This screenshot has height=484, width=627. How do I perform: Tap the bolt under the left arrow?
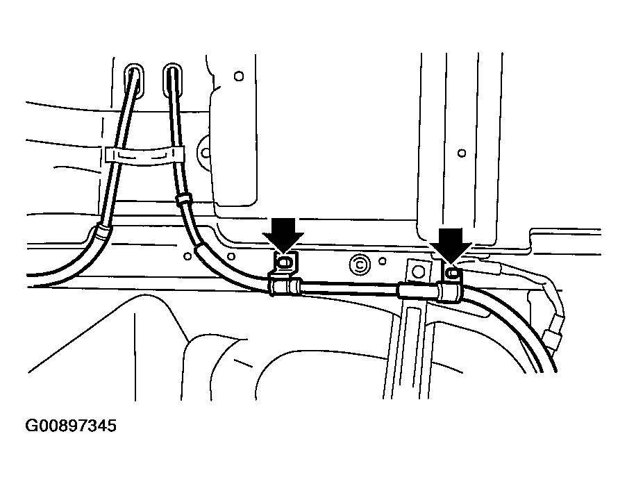click(x=284, y=262)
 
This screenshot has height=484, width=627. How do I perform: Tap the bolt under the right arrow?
click(x=452, y=274)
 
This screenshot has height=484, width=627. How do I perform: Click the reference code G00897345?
click(x=71, y=425)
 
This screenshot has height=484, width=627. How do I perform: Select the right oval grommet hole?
click(x=172, y=78)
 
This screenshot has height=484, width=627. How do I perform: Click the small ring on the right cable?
click(x=183, y=200)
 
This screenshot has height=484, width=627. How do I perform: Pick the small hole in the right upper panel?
click(x=461, y=151)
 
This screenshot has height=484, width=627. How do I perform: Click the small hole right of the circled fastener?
click(x=382, y=262)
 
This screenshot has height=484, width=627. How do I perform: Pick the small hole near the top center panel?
click(x=239, y=75)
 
